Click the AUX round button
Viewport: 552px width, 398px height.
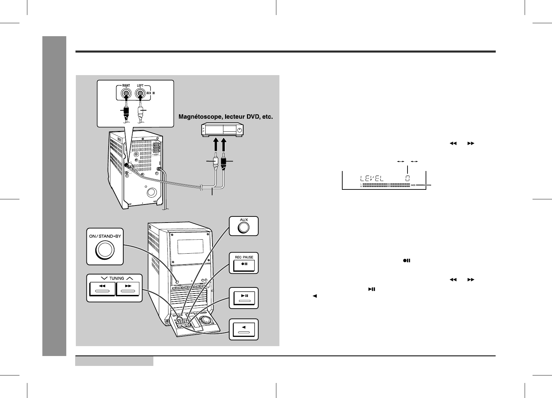[x=243, y=227]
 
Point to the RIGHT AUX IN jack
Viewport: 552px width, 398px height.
[x=126, y=94]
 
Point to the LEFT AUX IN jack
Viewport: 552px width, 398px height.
[x=140, y=94]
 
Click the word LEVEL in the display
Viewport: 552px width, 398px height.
[x=371, y=178]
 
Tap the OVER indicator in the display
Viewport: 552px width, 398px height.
[x=413, y=185]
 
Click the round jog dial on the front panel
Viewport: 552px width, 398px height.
[x=205, y=320]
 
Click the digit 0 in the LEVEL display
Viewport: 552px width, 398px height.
[x=408, y=178]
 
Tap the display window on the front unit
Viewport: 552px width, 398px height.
[x=191, y=246]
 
